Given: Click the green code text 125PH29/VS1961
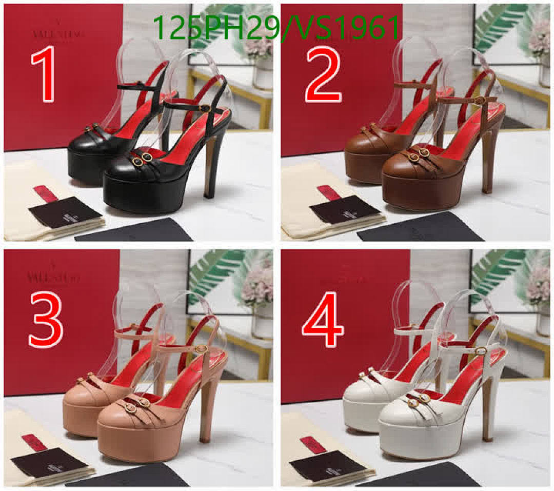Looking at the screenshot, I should [x=276, y=28].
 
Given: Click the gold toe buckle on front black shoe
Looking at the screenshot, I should [x=142, y=159].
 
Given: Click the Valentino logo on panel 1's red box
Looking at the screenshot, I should [x=58, y=33].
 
